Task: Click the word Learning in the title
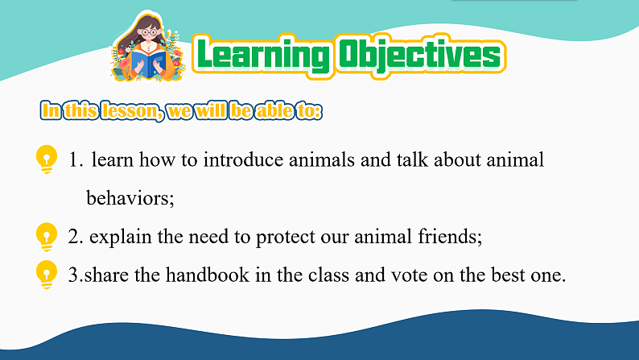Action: click(x=263, y=56)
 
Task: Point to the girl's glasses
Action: click(x=149, y=32)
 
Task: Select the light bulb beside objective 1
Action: click(x=47, y=159)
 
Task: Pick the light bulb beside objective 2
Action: click(x=47, y=237)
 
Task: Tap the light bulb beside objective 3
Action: click(x=47, y=275)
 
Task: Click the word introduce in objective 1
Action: click(x=243, y=159)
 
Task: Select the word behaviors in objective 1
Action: click(x=130, y=198)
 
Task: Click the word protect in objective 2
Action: click(x=285, y=238)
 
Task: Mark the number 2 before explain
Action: click(x=73, y=237)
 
